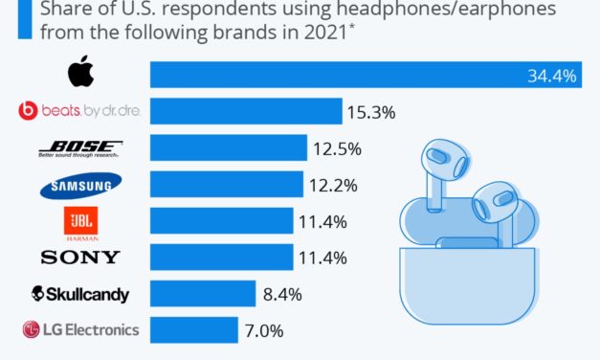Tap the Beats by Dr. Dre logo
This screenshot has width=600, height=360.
click(x=80, y=112)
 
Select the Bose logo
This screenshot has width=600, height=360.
click(x=80, y=148)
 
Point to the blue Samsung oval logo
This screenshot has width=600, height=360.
click(x=80, y=185)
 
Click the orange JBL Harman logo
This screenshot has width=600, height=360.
click(x=80, y=221)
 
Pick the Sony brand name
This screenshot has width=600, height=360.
click(x=80, y=257)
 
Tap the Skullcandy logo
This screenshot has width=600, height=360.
click(x=80, y=293)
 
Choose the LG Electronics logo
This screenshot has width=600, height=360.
click(x=80, y=329)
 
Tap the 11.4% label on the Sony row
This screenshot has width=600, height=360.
click(x=322, y=258)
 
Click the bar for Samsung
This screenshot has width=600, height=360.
click(x=226, y=185)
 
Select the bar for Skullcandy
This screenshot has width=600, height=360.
click(x=202, y=293)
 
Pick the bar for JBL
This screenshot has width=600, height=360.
click(x=221, y=221)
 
